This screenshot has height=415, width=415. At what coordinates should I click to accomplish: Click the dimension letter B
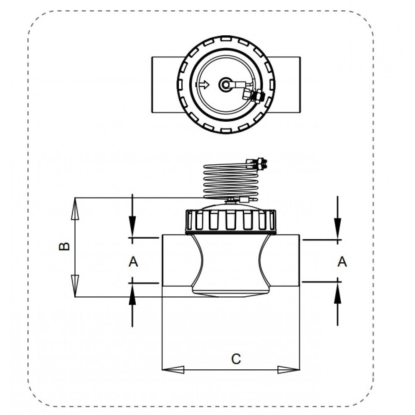pos(64,247)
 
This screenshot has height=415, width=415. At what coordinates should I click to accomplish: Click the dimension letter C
pos(236,359)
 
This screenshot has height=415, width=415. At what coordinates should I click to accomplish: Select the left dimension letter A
pos(133,262)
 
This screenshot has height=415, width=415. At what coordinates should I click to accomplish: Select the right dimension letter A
pos(342,262)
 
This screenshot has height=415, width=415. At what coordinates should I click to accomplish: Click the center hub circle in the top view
pos(225,85)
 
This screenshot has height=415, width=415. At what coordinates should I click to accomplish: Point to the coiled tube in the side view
pos(230,181)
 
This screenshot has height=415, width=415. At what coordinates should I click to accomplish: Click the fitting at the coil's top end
pos(257,164)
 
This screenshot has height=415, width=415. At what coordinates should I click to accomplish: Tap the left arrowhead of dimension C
pos(173,370)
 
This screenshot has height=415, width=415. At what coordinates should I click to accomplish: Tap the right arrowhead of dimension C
pos(288,370)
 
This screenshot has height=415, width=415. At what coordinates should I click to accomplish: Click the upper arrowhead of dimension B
pos(75,209)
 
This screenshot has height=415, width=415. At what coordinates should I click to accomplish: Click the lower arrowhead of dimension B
pos(75,286)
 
